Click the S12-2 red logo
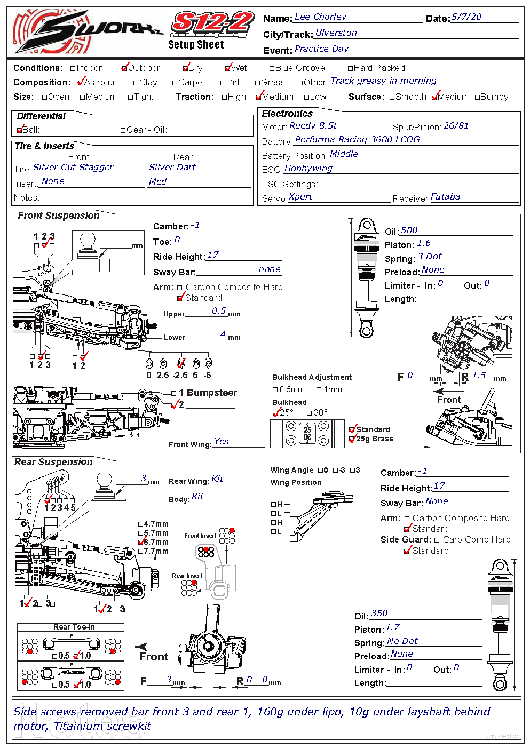[x=212, y=24]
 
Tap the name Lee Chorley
[x=320, y=17]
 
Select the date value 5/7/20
[x=466, y=17]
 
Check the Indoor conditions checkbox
[x=74, y=68]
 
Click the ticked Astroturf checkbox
[x=81, y=83]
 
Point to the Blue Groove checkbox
[x=272, y=68]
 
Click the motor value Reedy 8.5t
[x=313, y=126]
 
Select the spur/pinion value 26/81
[x=456, y=126]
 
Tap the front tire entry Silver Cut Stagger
[x=73, y=168]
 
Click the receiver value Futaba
[x=445, y=197]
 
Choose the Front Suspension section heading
[x=59, y=216]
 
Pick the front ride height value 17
[x=213, y=255]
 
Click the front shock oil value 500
[x=409, y=230]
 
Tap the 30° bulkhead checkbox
[x=309, y=413]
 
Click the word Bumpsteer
[x=212, y=393]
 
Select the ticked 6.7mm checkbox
[x=141, y=543]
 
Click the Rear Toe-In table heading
[x=74, y=627]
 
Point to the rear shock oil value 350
[x=379, y=613]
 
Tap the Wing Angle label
[x=292, y=470]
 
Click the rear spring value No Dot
[x=402, y=641]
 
